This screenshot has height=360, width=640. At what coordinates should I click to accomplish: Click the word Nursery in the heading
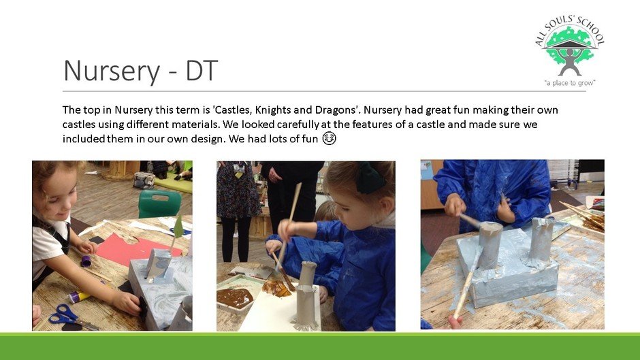click(112, 71)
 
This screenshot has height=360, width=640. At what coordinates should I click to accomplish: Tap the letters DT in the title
click(202, 71)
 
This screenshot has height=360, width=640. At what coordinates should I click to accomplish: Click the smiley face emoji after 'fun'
click(329, 138)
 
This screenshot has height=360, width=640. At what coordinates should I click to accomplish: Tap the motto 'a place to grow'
click(569, 83)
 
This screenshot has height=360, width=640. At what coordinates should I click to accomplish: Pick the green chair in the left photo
click(159, 203)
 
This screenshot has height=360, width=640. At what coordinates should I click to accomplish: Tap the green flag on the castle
click(178, 227)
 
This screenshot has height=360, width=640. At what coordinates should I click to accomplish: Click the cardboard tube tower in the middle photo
click(306, 295)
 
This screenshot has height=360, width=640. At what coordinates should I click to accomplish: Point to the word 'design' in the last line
click(204, 139)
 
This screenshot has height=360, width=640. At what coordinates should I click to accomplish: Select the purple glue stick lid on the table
click(86, 261)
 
